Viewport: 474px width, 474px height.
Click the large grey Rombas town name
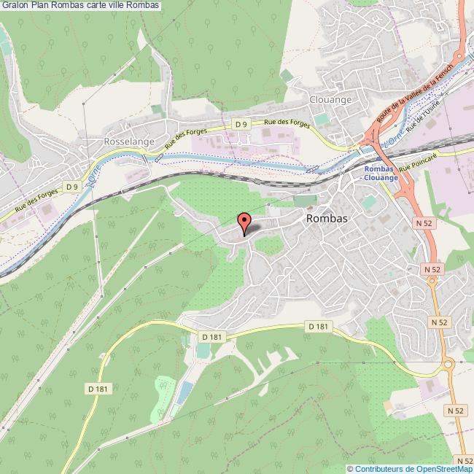326,219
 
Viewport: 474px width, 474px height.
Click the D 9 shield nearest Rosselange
71,187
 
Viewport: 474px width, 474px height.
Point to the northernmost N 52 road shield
423,222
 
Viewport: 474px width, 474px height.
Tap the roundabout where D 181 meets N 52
447,364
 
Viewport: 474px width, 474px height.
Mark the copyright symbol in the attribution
351,468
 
